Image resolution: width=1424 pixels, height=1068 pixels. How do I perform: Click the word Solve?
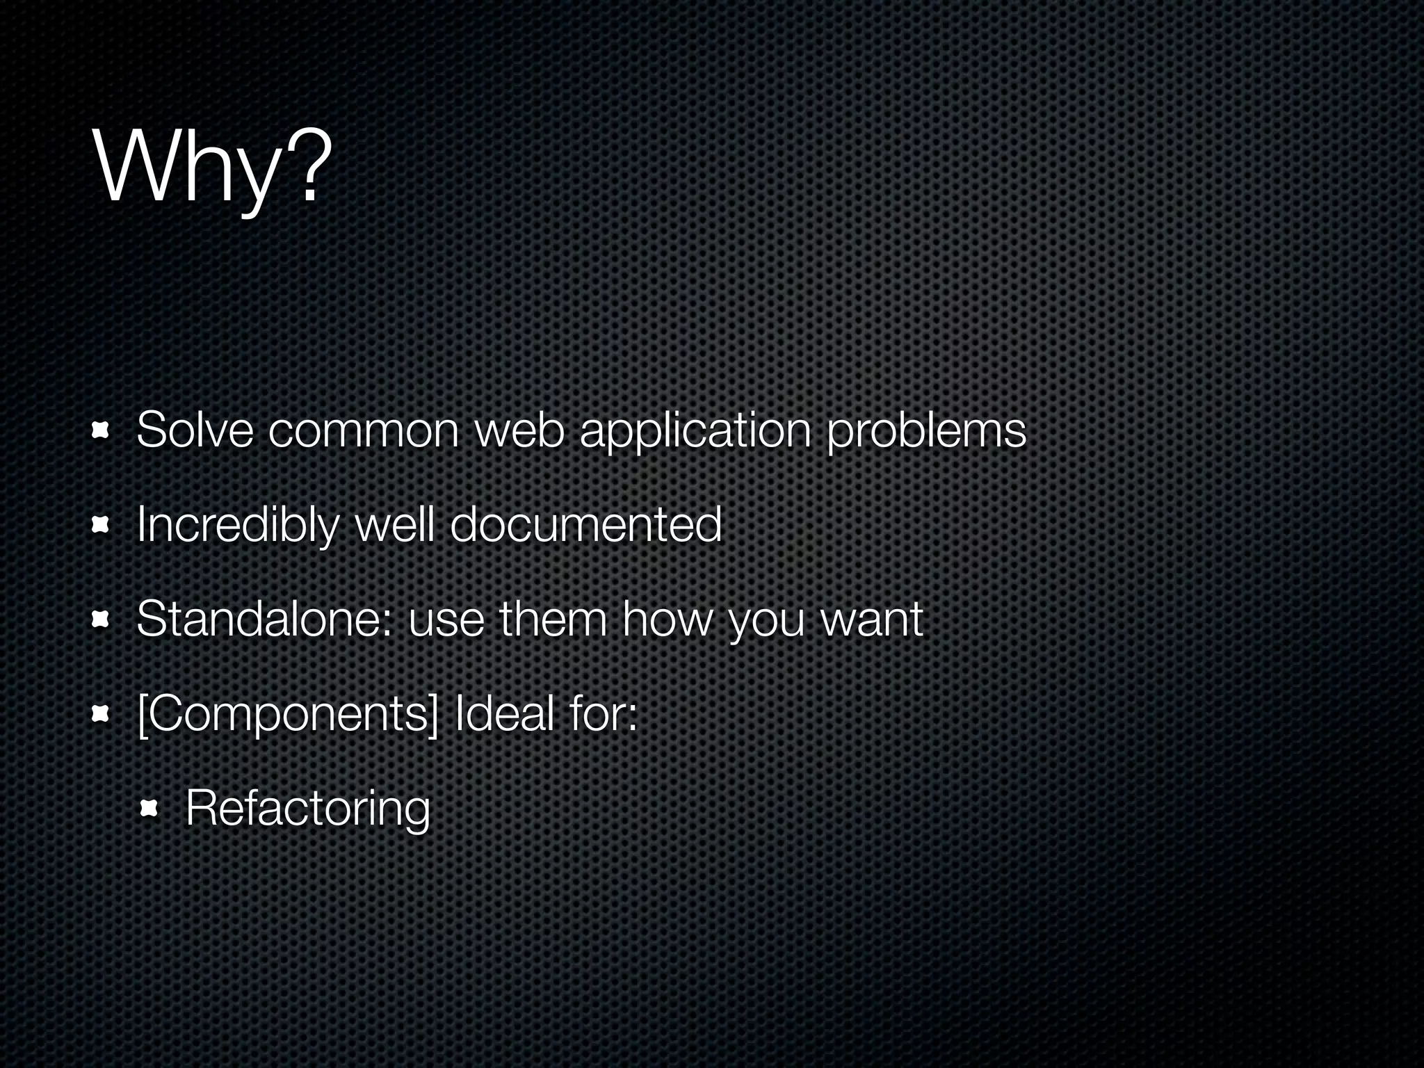pos(195,430)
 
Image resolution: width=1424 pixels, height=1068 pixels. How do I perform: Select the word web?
pos(519,430)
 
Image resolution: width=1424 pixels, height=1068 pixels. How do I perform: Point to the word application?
pos(695,432)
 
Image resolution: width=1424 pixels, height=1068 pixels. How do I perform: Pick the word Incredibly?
pos(237,525)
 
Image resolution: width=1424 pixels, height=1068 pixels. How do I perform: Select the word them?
pos(553,618)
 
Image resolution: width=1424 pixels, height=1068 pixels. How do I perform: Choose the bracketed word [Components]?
pos(288,714)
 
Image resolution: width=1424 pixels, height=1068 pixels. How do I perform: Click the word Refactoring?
pos(308,809)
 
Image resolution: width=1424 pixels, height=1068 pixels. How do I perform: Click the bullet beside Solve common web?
pos(102,432)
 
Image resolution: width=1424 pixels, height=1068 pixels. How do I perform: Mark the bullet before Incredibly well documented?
pos(102,526)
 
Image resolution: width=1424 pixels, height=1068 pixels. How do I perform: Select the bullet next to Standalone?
pos(102,620)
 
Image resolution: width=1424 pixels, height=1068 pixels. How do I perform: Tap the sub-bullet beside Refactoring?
pos(149,809)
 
